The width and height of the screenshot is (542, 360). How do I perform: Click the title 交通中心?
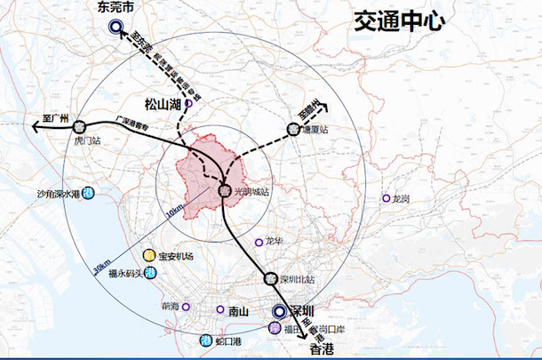click(397, 20)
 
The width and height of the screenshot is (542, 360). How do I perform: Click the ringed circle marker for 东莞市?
click(116, 28)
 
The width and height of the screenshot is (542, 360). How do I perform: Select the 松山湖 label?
click(163, 103)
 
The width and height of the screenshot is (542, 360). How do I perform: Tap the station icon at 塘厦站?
click(293, 129)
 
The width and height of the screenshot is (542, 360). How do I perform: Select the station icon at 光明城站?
click(226, 190)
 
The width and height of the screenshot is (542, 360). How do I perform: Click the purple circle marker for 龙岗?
click(386, 198)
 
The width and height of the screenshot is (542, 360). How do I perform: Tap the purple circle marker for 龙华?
click(259, 241)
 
